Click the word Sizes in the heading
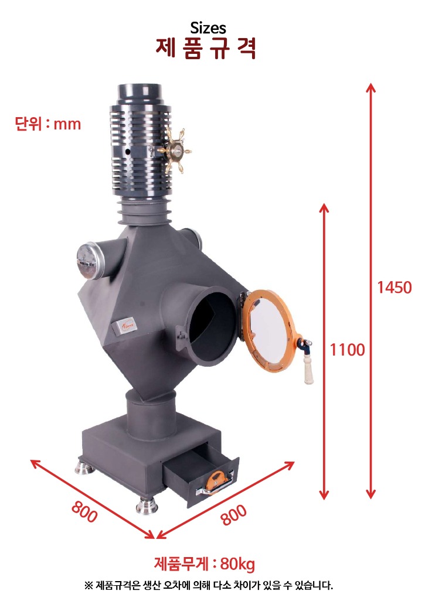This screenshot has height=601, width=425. (208, 28)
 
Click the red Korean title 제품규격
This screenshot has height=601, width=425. (206, 48)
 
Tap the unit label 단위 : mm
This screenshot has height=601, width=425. (48, 124)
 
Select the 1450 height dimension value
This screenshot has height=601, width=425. (395, 288)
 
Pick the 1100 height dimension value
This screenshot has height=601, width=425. (348, 350)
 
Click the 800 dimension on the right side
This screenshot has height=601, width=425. (234, 515)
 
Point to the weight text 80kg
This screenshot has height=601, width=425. (237, 564)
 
